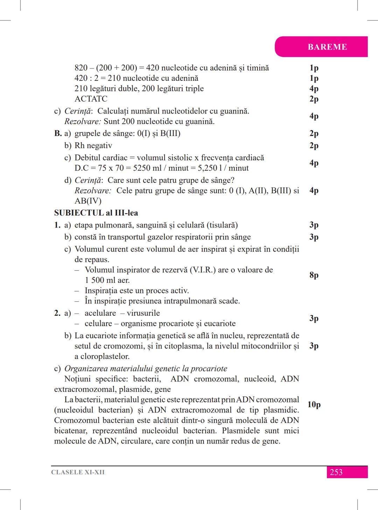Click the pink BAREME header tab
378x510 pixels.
pos(327,47)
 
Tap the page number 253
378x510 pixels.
pos(336,472)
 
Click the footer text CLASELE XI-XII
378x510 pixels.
pos(78,472)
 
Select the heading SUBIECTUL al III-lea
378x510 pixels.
pos(96,213)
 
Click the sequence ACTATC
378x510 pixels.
pos(91,99)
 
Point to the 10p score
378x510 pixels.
pos(314,405)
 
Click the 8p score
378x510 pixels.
pos(314,275)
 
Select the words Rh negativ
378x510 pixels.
pos(93,145)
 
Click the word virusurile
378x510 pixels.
pos(143,313)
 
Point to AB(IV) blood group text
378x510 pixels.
pos(88,201)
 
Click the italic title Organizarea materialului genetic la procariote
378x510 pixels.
pos(146,369)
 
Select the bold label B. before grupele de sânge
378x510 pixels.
pos(58,134)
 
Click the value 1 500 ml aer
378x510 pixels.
pos(107,280)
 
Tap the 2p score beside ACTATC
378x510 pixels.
pos(314,99)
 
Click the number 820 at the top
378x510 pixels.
pos(81,68)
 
